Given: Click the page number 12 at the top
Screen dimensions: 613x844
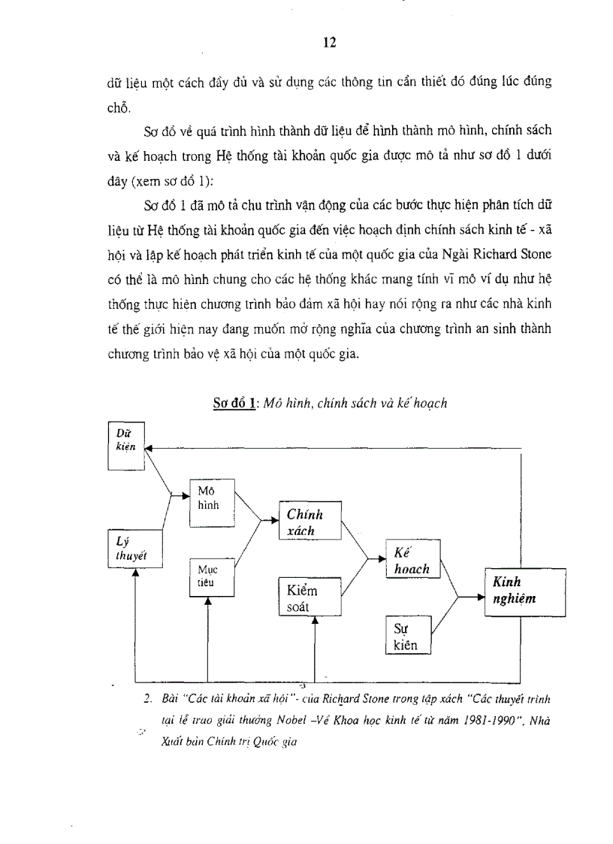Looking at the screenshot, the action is pyautogui.click(x=329, y=42).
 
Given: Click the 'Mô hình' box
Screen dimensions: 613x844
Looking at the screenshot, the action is pyautogui.click(x=213, y=498).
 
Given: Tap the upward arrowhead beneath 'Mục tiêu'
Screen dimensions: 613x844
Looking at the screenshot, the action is pyautogui.click(x=208, y=600).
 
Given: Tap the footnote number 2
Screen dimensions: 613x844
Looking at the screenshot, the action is pyautogui.click(x=148, y=698).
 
